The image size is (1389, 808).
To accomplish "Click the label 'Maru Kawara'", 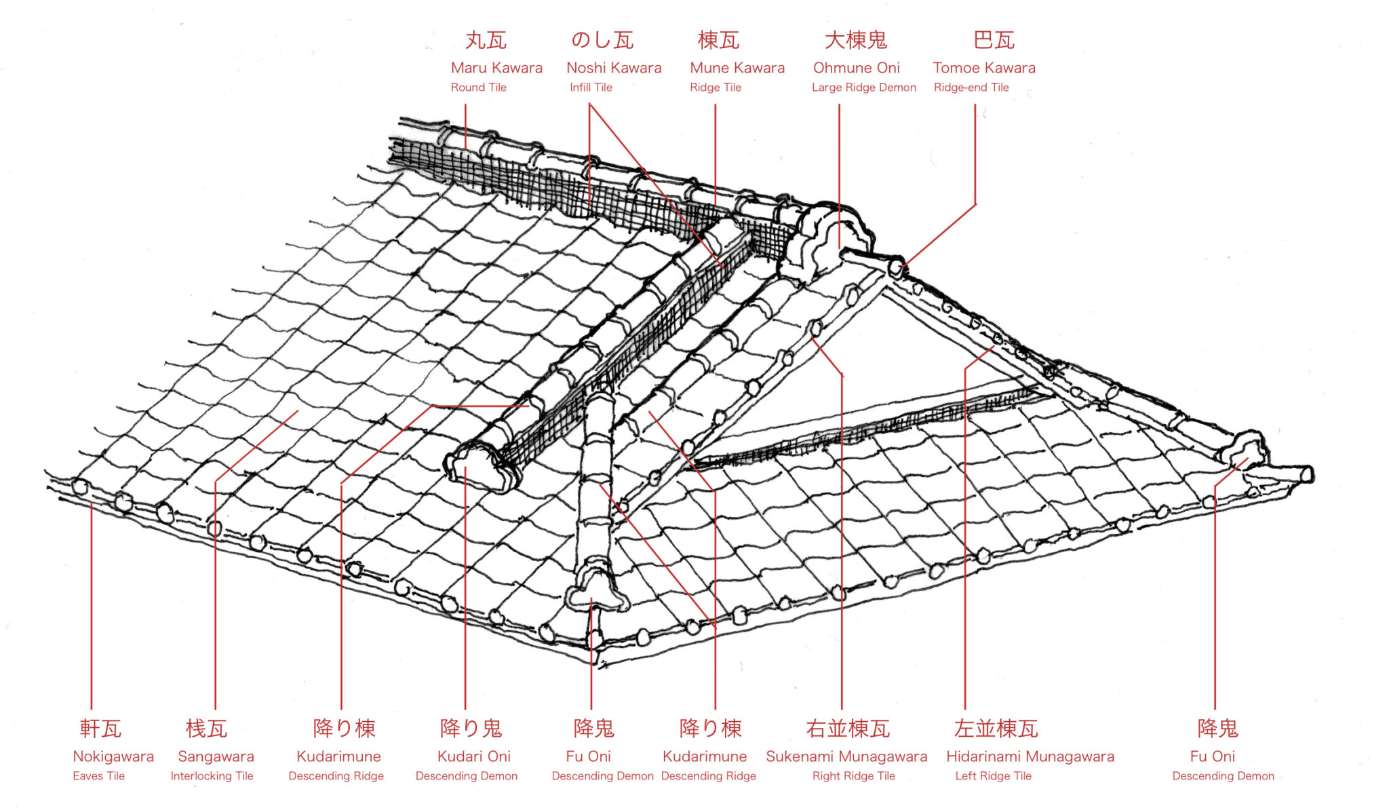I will coord(496,68).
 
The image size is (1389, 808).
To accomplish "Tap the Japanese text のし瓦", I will coord(602,40).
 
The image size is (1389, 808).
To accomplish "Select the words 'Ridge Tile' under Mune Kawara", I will coord(715,88).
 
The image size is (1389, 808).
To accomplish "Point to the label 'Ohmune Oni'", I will coord(856,68).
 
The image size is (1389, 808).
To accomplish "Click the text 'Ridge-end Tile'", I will coord(971,88).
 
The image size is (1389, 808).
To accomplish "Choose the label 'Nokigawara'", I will coord(113,756).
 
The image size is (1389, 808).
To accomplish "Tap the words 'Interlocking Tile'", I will coord(212,776).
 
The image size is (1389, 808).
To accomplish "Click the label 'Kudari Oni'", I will coord(473,756).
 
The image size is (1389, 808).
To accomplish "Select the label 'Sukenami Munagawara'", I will coord(846,756).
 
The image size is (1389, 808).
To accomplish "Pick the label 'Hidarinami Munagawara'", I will coord(1030,756).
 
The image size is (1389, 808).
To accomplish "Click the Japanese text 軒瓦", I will coord(100,729).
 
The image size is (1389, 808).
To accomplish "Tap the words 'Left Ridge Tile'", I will coord(993,776).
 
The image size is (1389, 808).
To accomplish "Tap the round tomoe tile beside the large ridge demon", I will coord(895,267).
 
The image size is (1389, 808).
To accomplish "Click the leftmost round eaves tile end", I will coord(80,487).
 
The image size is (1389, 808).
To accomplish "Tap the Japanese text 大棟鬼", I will coord(855,40).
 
